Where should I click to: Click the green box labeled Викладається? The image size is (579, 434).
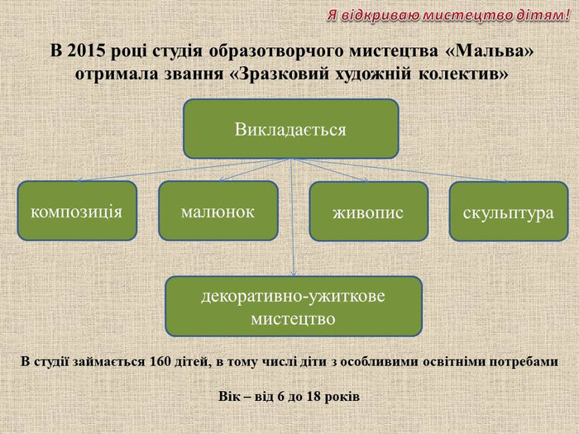point(291,129)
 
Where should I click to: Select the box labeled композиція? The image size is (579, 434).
point(77,211)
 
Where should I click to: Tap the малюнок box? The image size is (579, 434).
point(218,211)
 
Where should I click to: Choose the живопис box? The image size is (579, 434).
point(369,212)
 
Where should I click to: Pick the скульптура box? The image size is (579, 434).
point(509,212)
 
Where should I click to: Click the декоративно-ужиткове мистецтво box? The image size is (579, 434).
point(294,307)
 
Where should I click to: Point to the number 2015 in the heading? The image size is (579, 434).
point(86,51)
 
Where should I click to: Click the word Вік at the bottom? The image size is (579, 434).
point(227,397)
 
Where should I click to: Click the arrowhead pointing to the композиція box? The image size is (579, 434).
point(79,180)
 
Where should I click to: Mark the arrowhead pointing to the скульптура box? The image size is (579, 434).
point(506,181)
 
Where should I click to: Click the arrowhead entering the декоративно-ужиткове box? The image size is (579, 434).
point(294,274)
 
